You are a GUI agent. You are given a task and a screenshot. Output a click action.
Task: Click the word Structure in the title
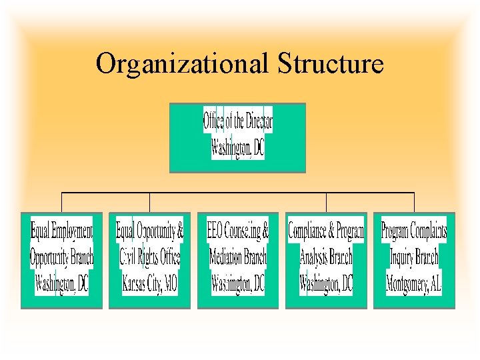pos(330,63)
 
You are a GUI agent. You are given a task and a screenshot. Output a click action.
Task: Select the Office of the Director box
pos(237,137)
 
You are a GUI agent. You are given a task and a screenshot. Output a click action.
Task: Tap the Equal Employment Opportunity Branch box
pos(61,260)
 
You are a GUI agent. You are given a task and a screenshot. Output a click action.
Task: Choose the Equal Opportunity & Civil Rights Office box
pos(149,260)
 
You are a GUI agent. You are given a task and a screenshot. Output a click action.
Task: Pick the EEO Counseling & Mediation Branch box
pos(237,260)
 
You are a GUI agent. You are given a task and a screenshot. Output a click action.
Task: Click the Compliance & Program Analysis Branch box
pos(326,260)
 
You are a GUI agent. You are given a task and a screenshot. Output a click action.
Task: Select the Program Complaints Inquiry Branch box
pos(414,260)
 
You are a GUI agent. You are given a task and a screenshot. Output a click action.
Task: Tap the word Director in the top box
pos(259,121)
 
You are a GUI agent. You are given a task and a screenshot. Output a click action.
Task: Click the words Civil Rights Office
pos(150,257)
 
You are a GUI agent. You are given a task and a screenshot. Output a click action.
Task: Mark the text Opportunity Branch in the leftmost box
pos(62,257)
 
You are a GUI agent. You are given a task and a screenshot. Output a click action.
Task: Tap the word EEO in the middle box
pos(215,231)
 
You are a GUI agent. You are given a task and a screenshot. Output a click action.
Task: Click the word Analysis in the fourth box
pos(314,257)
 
